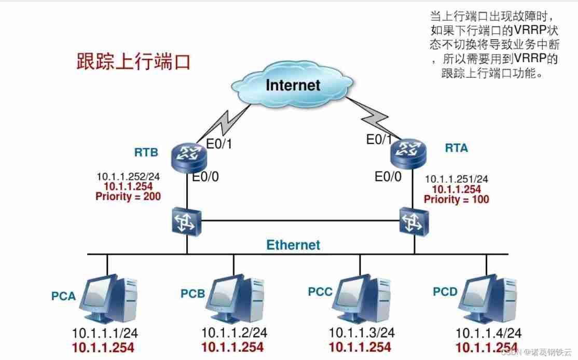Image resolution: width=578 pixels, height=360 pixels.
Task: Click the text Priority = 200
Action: point(128,197)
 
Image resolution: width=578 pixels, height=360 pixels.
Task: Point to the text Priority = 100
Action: point(457,199)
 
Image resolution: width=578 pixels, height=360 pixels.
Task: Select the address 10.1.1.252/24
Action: point(128,176)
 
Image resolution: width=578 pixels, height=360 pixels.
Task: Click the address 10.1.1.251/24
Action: point(457,179)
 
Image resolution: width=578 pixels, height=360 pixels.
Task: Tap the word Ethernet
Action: point(293,245)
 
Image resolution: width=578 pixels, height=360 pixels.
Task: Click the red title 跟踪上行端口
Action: point(134,61)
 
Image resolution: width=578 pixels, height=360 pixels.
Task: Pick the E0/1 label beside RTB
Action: point(219,143)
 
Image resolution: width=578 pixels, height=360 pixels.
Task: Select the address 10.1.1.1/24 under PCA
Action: point(105,333)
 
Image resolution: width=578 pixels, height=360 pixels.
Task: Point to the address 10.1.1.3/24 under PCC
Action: point(362,333)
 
